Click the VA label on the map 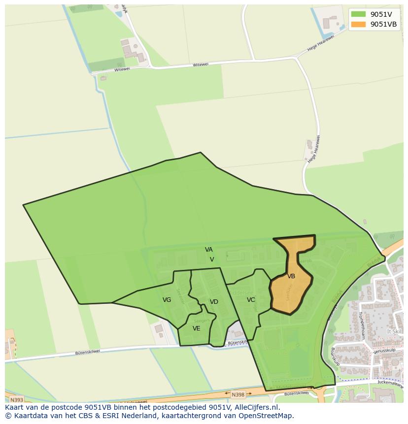click(209, 250)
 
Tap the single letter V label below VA click(212, 260)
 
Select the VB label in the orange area click(291, 276)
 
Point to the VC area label click(251, 299)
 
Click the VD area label click(214, 302)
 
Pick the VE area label click(197, 328)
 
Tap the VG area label click(167, 300)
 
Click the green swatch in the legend click(358, 14)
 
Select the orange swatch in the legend click(358, 24)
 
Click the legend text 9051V click(381, 14)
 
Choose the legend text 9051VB click(384, 24)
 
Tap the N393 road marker click(16, 400)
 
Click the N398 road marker click(238, 394)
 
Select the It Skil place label click(394, 332)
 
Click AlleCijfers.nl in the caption click(256, 407)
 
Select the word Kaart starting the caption click(15, 407)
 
